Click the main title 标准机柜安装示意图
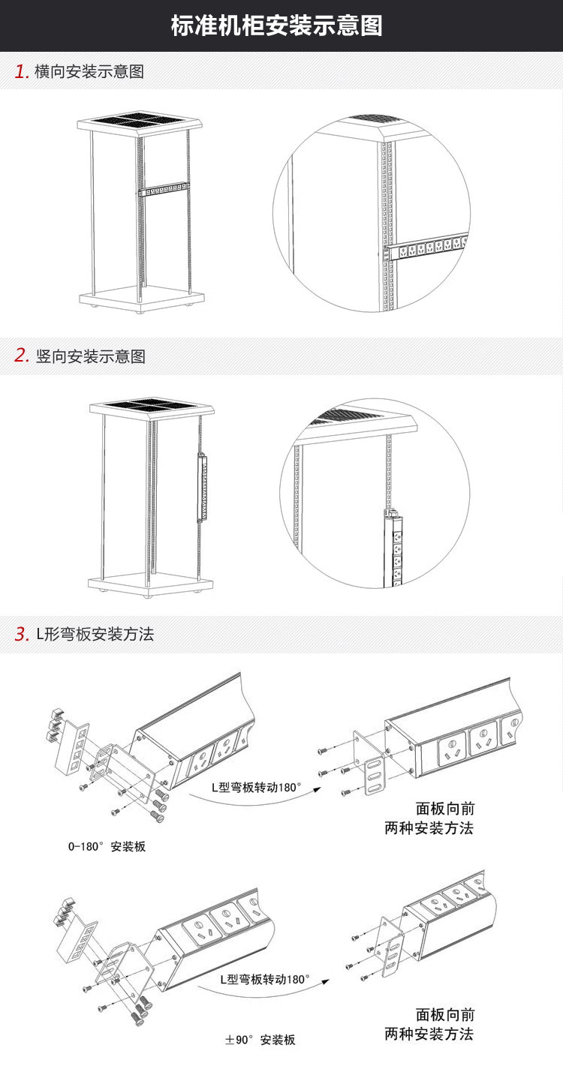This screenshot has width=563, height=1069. coord(277,26)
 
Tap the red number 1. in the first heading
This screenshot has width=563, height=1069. coord(22,72)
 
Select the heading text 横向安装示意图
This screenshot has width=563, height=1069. coord(89,72)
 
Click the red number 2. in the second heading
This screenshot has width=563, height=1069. coord(22,356)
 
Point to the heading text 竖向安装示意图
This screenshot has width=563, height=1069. coord(90,356)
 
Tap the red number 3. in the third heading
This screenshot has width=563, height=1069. coord(22,634)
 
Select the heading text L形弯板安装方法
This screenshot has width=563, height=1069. coord(95,634)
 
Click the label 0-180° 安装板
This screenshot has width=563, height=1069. coord(107,847)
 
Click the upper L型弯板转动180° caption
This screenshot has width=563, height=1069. coord(256,788)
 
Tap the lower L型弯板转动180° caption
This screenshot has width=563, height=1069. coord(264,980)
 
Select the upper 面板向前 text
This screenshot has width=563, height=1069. coord(445,809)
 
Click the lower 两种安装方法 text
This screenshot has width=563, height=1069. coord(429,1034)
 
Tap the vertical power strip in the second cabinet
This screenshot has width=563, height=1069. coord(202,487)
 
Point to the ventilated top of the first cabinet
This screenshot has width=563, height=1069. coord(140,119)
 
